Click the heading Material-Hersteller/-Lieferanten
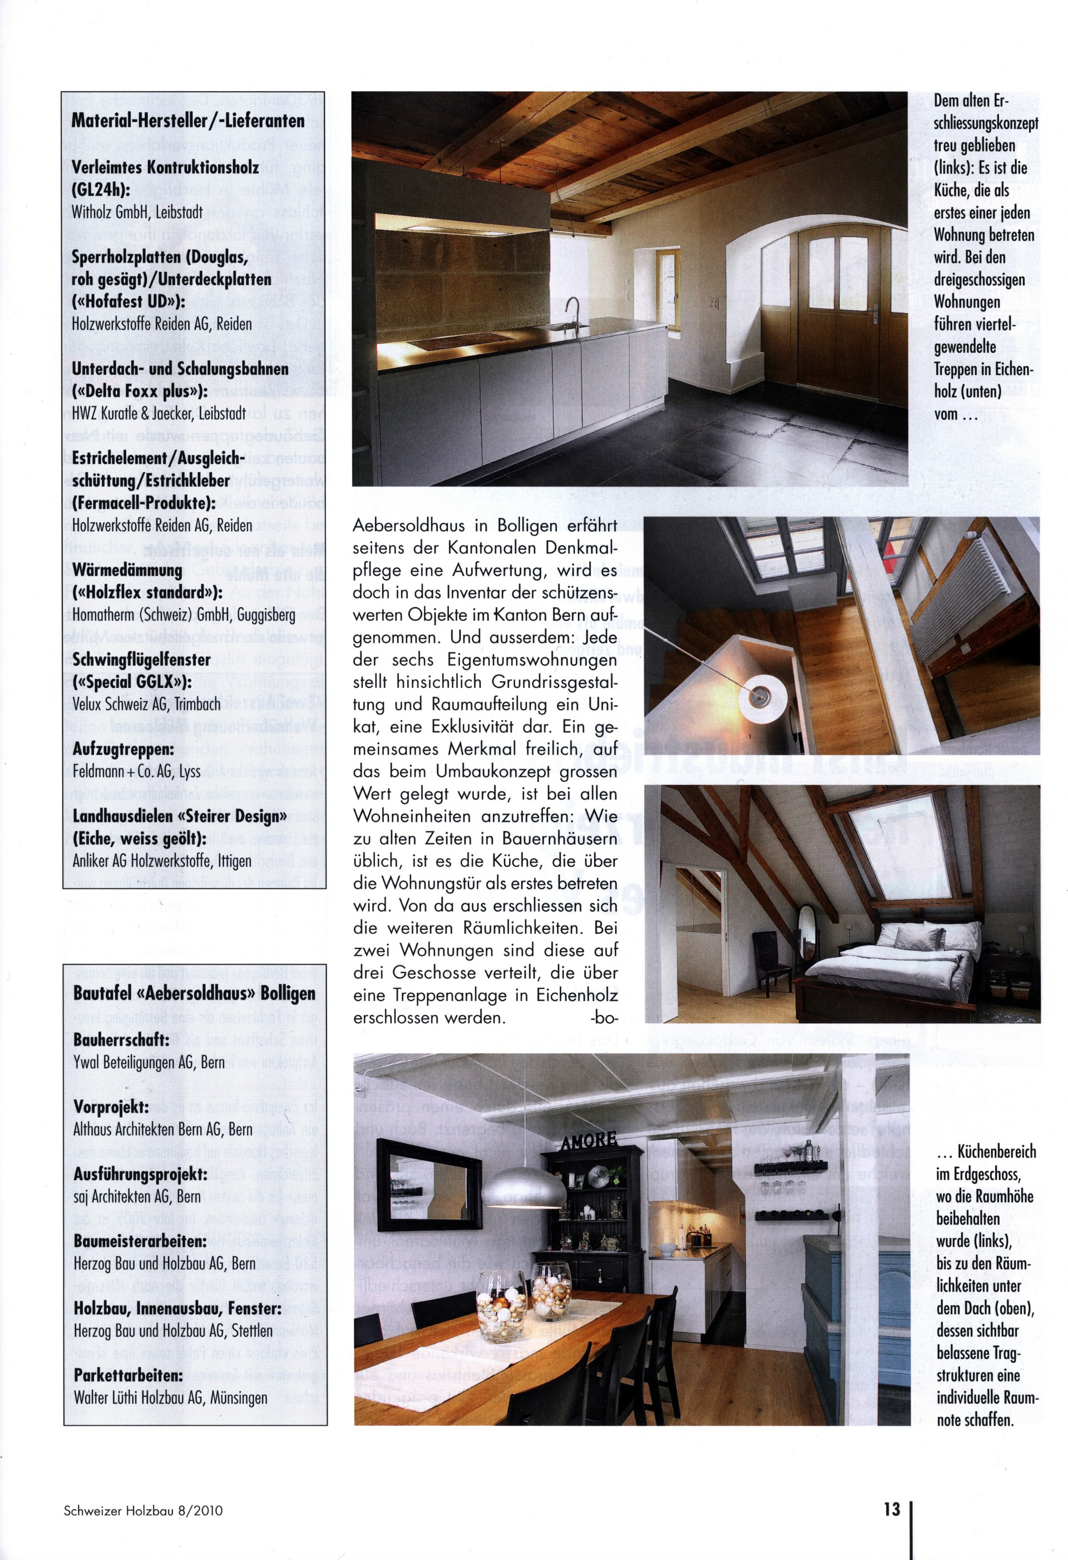pos(188,121)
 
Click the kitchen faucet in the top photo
pos(572,312)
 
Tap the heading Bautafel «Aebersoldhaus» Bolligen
pos(194,993)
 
